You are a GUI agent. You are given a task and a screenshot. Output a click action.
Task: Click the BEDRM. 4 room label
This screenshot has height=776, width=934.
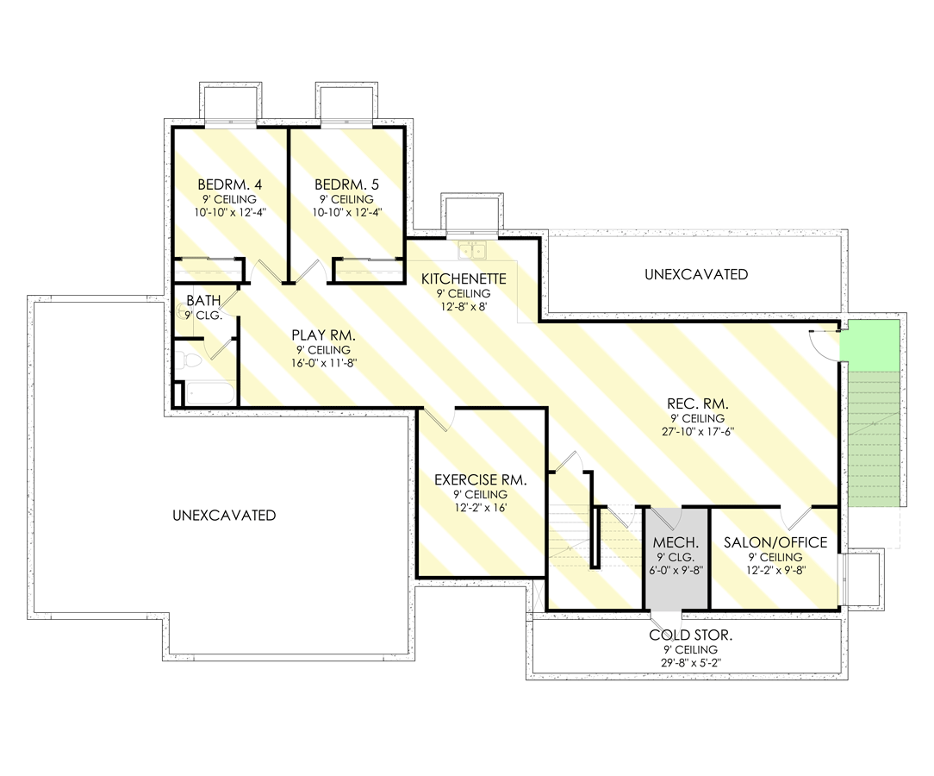tap(229, 185)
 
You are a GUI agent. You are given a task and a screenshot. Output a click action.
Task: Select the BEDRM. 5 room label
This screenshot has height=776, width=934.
tap(346, 185)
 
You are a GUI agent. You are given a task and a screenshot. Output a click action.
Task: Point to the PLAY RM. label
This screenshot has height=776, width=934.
tap(323, 335)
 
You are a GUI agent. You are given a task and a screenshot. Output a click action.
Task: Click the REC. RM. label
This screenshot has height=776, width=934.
tap(698, 403)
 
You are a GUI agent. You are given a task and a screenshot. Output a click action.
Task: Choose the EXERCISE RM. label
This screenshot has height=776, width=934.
tap(480, 479)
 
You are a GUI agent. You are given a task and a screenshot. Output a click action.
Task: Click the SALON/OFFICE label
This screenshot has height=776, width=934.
tap(775, 542)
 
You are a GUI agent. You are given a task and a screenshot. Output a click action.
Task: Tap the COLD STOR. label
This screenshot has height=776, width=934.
tap(691, 635)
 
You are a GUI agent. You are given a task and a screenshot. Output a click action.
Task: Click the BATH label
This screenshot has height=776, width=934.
tap(204, 301)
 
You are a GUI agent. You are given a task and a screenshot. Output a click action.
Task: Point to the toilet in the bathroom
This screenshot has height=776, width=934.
tap(191, 359)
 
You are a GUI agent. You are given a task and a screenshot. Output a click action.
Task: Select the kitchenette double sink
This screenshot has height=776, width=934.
tap(472, 250)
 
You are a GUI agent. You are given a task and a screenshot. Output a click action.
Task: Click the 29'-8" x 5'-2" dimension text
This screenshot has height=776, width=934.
tap(691, 663)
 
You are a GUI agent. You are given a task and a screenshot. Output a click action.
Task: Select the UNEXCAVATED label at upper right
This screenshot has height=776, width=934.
tap(695, 274)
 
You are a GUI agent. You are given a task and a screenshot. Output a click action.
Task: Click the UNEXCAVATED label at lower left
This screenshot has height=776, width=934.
tap(224, 515)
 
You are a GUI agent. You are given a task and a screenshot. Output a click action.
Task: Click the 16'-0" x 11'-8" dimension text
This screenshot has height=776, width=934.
tap(323, 363)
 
